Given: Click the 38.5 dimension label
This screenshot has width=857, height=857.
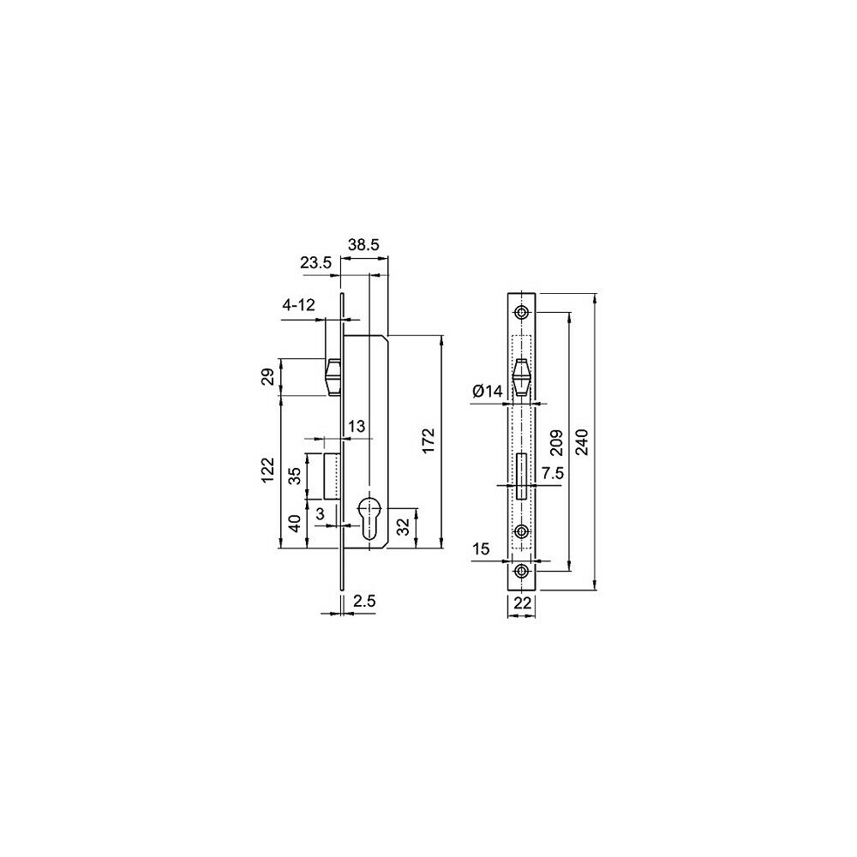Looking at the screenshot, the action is (x=364, y=245).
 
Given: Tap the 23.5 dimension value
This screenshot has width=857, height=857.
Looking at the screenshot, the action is (x=315, y=263).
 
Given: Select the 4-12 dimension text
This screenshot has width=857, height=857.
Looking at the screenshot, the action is (x=299, y=305).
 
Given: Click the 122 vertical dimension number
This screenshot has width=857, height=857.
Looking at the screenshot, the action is (x=267, y=470).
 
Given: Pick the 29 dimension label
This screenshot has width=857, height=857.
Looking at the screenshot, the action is (x=267, y=377).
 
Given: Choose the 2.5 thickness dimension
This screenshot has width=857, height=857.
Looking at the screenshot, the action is (x=364, y=602).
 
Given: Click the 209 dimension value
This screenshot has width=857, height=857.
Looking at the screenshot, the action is (x=556, y=443).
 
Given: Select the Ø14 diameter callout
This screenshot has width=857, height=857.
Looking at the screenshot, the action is (x=487, y=392).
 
